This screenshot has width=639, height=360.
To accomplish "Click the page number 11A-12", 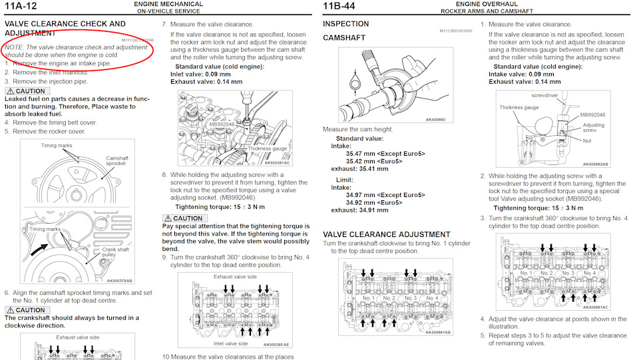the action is point(21,6).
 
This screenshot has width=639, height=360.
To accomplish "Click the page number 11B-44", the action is point(339,6).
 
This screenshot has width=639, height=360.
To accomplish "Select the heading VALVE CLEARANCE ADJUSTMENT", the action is point(386,235).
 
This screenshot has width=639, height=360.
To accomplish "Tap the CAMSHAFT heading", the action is point(344,38).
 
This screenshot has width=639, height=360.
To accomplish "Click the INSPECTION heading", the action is point(345,24).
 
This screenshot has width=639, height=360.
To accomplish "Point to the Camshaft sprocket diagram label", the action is point(117,161).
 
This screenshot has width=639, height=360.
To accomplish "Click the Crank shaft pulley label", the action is point(115,252).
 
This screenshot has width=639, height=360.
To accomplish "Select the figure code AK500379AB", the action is point(119,281).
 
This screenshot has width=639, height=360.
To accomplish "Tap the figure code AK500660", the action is point(435,120).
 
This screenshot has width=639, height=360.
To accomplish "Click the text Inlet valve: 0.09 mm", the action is point(200,74).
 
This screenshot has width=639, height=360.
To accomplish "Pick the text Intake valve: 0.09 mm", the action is point(521,74).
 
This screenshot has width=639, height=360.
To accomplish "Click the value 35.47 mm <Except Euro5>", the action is point(385,154).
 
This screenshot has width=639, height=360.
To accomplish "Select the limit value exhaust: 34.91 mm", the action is point(359,210).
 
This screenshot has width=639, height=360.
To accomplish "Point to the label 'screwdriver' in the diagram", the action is point(544,95).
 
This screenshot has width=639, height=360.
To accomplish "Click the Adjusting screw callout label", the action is point(593,128).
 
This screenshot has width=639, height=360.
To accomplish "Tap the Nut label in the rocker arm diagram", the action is point(587,141).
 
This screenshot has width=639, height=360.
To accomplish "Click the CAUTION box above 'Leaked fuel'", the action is point(27,91).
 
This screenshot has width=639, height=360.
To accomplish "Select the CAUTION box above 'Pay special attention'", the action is point(184,218).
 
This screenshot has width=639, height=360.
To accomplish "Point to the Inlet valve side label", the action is point(231,344).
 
